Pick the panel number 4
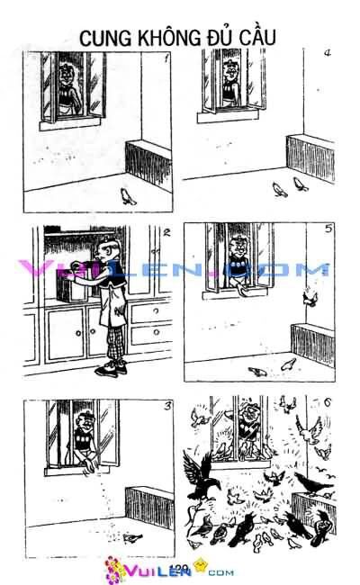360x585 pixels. pyautogui.click(x=328, y=53)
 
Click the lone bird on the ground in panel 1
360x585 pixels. pyautogui.click(x=129, y=196)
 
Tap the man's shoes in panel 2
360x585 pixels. pyautogui.click(x=112, y=370)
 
